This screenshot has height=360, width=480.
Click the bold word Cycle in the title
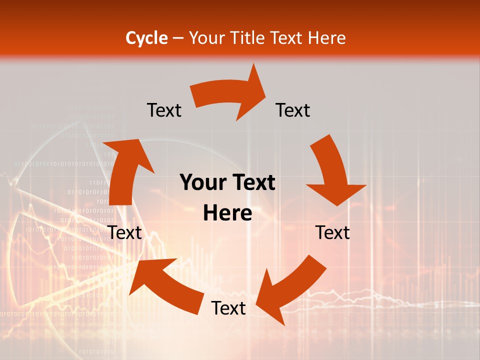[146, 38]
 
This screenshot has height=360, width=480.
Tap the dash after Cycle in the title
[178, 38]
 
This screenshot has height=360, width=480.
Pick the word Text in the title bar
[287, 38]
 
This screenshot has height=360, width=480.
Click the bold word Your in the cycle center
[201, 183]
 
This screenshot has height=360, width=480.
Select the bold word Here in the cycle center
[227, 213]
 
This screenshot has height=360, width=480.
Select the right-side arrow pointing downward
[332, 172]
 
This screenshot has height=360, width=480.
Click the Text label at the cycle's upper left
[164, 110]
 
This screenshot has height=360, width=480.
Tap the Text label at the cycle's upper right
[293, 110]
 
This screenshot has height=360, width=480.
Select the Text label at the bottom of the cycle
[228, 308]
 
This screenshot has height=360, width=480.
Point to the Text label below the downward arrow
[332, 232]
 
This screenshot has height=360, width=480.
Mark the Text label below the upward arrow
[125, 232]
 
